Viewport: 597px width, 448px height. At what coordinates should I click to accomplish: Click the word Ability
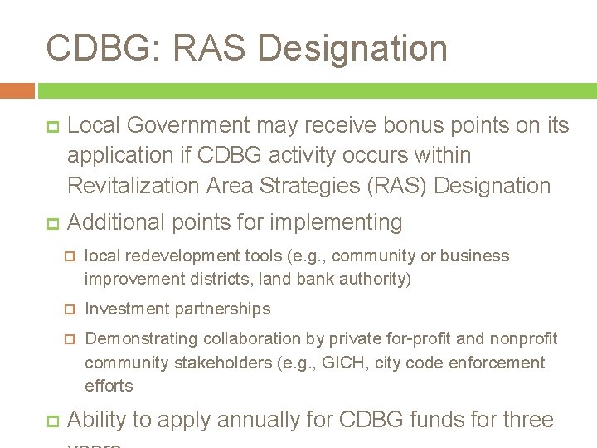(95, 420)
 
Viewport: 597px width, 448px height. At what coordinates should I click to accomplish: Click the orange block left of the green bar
(17, 90)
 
